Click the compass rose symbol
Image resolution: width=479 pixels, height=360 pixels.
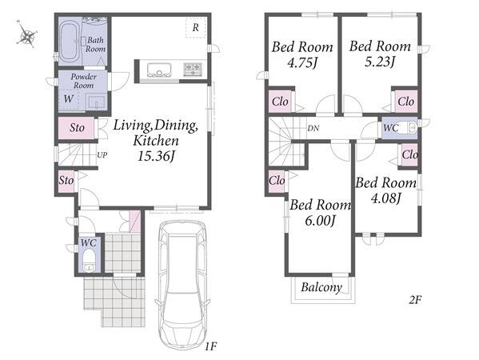point(27,34)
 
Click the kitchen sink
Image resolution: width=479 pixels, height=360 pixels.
point(159,70)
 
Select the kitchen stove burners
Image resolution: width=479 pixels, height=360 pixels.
point(193,70)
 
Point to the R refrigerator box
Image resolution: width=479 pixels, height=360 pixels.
point(195,28)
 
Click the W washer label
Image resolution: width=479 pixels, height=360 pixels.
point(69,99)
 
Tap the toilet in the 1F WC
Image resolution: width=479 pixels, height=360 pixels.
point(89,260)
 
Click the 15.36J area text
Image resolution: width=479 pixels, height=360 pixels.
point(156,157)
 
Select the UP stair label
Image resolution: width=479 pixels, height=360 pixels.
point(102,155)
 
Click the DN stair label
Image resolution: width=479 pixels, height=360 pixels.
point(313,128)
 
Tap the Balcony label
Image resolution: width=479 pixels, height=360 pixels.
point(321,287)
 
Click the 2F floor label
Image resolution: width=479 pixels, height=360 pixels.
point(415,300)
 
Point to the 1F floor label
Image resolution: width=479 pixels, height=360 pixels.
point(211,346)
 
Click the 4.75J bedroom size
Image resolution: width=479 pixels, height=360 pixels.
point(302,63)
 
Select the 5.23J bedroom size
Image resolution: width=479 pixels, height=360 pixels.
point(380,62)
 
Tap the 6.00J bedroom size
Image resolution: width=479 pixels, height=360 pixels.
point(321,220)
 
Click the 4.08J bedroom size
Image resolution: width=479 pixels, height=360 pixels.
point(385,198)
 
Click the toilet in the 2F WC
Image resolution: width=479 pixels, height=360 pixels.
point(409,128)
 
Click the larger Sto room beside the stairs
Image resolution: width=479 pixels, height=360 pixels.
point(77,128)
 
